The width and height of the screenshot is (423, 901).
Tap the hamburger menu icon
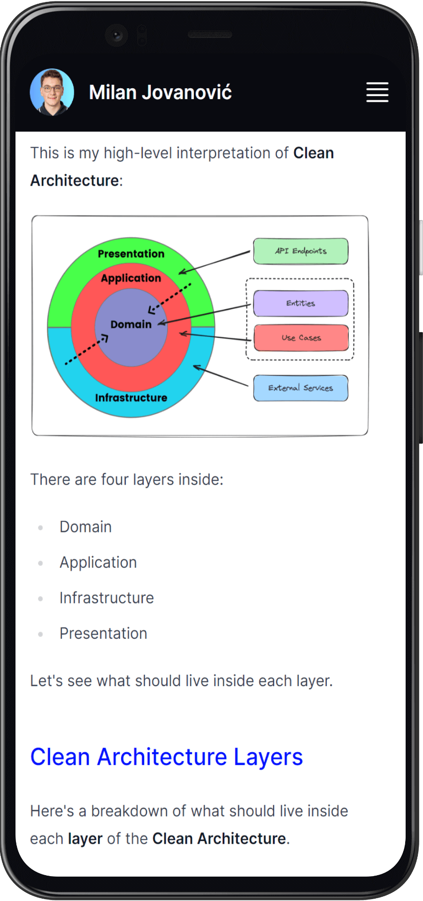[x=377, y=92]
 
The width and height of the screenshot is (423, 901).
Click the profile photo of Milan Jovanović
[x=52, y=92]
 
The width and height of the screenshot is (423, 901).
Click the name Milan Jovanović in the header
[x=160, y=92]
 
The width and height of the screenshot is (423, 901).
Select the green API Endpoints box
[x=300, y=251]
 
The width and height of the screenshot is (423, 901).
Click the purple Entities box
[x=300, y=303]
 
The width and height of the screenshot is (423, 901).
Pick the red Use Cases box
[x=301, y=338]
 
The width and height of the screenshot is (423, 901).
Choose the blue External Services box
[x=300, y=388]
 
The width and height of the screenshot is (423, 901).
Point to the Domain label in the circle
[x=131, y=324]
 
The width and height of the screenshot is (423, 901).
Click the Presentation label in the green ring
[x=131, y=254]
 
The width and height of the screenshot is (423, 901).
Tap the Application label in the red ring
[x=131, y=278]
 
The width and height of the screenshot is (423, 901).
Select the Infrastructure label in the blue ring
[x=131, y=398]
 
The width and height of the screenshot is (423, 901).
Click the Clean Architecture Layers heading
[x=166, y=757]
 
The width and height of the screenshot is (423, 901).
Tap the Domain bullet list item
[x=85, y=527]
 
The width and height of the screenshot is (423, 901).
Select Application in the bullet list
[x=98, y=562]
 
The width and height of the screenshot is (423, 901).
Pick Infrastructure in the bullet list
[x=107, y=598]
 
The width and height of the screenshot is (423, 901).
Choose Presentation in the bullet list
[x=103, y=634]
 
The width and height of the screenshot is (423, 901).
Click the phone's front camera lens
[x=116, y=35]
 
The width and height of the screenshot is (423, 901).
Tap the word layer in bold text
[x=85, y=839]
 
